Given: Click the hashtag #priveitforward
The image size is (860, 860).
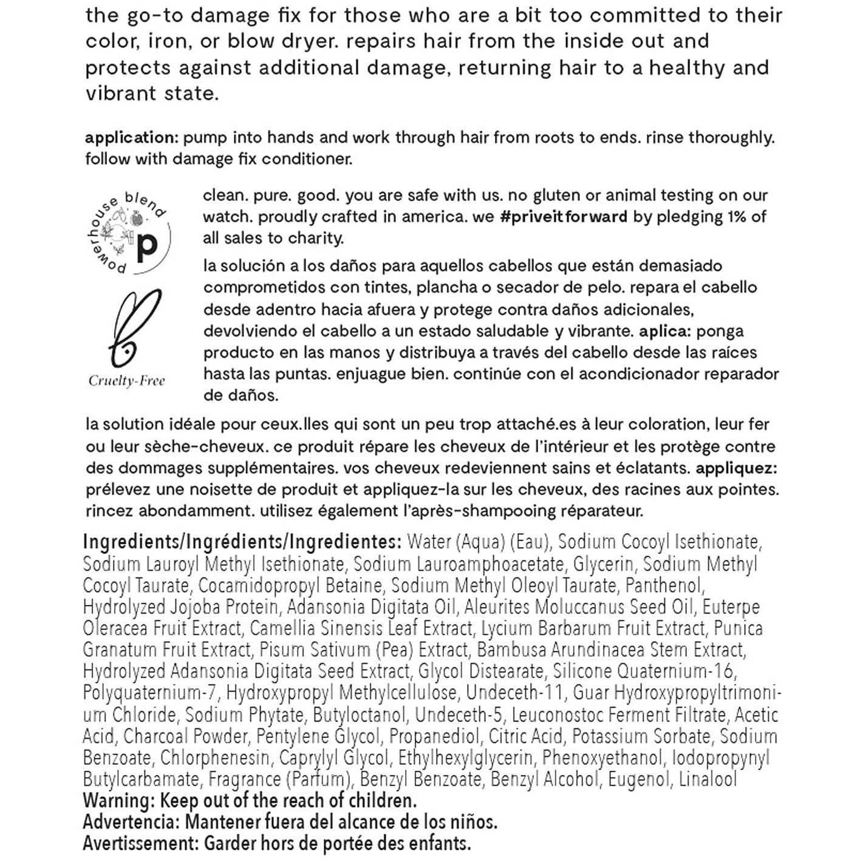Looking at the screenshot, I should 563,217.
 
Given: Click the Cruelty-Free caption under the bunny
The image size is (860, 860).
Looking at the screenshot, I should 127,381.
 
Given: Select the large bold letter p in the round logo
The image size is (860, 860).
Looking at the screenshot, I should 147,246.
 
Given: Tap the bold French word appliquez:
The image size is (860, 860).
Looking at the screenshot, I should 737,468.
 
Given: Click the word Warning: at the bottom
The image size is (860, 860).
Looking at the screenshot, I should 118,800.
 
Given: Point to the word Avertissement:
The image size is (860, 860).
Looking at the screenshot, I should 141,843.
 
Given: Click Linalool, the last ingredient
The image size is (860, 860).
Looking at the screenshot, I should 708,779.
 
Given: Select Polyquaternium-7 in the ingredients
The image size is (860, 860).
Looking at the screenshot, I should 149,692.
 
